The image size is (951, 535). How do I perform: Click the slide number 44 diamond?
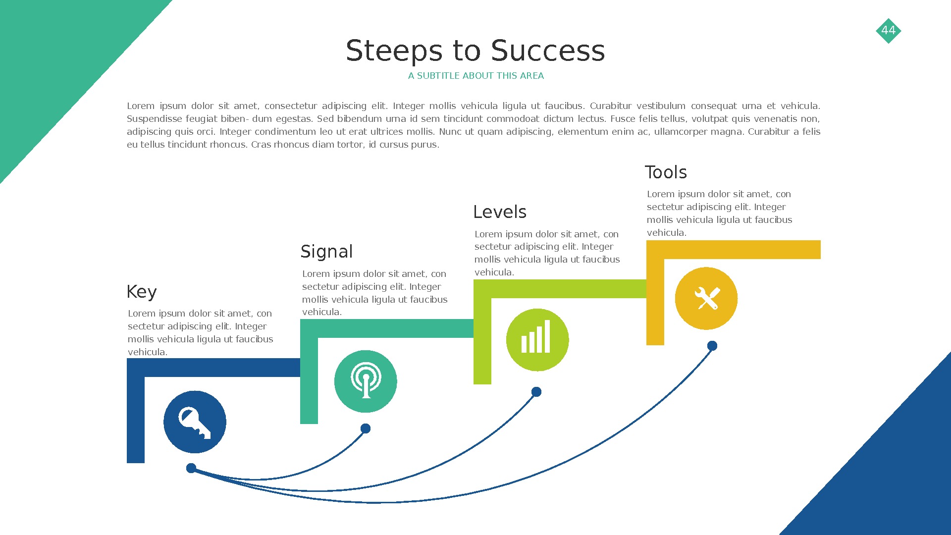(888, 31)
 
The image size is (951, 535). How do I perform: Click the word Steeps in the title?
(394, 51)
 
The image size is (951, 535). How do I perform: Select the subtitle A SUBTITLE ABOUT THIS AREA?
(475, 76)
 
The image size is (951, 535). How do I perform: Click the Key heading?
(142, 292)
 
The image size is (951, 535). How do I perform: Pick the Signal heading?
(326, 252)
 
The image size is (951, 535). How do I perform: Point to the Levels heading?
(499, 212)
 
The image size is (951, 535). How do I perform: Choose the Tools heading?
(666, 172)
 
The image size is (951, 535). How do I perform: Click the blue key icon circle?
(195, 422)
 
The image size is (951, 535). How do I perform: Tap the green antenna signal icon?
(366, 381)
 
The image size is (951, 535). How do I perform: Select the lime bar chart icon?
(537, 340)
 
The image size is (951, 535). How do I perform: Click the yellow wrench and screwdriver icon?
(706, 299)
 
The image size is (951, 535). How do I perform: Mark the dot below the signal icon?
(366, 428)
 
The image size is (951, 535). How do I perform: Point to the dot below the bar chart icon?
(536, 392)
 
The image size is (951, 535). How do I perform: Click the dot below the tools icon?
(712, 346)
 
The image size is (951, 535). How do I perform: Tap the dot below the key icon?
(191, 468)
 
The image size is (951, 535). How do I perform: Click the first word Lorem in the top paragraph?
(141, 106)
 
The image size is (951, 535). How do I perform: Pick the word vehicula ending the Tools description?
(666, 233)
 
